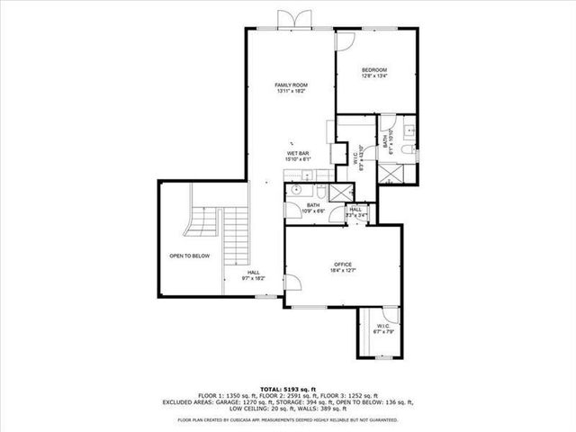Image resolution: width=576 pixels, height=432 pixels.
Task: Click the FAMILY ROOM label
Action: tap(290, 85)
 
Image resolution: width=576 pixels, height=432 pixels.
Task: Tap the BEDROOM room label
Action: tap(374, 70)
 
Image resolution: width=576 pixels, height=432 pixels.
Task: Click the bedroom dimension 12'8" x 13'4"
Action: tap(374, 76)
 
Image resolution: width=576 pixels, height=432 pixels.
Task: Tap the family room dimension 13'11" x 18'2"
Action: tap(290, 91)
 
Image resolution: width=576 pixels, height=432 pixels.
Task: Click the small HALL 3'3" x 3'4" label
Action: tap(357, 211)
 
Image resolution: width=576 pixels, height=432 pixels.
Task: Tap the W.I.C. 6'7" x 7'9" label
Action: tap(383, 328)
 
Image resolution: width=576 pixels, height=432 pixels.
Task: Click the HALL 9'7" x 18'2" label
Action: tap(254, 274)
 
